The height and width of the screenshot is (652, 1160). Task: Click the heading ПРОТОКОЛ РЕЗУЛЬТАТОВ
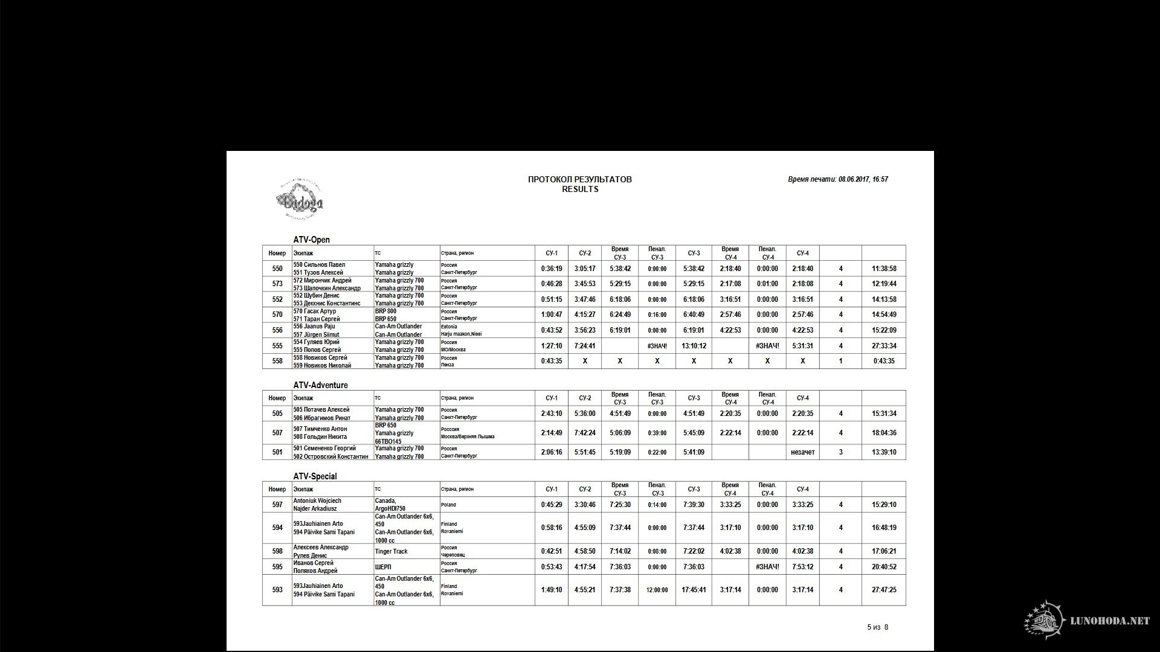click(579, 179)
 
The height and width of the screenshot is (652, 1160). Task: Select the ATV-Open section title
click(311, 240)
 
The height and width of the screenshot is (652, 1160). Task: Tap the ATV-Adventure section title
click(320, 385)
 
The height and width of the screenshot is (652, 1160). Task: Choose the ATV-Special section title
click(315, 476)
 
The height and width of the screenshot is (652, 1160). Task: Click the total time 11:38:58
click(884, 269)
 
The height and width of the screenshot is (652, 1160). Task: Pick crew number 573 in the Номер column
click(277, 284)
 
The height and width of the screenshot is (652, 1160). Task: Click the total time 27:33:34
click(884, 346)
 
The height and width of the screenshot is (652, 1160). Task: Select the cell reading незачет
click(802, 452)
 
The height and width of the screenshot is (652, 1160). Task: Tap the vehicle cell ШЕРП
click(382, 567)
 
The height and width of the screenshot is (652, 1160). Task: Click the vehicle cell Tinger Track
click(391, 551)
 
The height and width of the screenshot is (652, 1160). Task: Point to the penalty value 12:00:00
click(657, 590)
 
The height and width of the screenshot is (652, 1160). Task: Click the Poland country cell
click(448, 505)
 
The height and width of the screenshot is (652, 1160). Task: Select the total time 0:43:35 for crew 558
click(884, 361)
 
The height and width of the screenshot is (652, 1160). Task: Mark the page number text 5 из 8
click(877, 627)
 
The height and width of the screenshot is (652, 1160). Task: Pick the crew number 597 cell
click(277, 505)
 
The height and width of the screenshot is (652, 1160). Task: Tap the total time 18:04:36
click(884, 433)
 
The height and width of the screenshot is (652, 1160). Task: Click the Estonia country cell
click(449, 327)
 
